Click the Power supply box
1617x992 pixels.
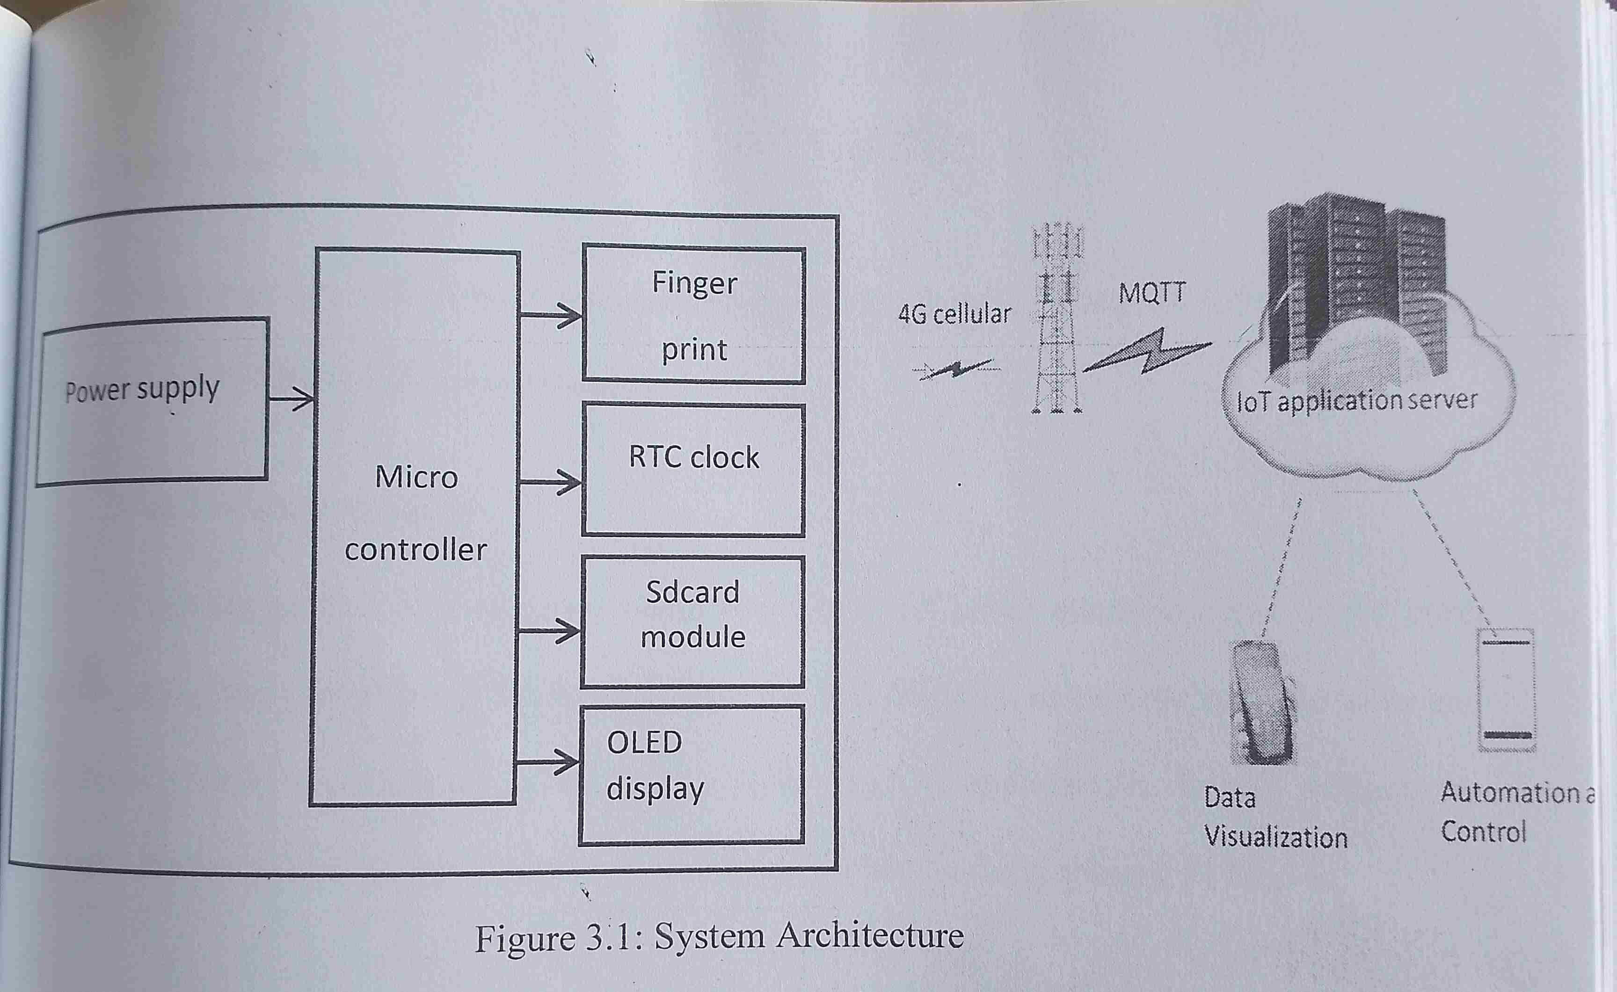click(152, 401)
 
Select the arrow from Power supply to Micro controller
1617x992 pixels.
click(291, 398)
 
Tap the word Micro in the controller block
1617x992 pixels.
click(416, 477)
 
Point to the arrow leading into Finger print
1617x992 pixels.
click(551, 315)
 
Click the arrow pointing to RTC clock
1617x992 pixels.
click(550, 483)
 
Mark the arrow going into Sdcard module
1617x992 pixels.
click(549, 631)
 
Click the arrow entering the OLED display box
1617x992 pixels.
click(547, 762)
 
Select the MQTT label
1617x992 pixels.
click(1152, 293)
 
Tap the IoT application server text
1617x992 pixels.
click(1356, 401)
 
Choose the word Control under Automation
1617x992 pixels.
click(1483, 832)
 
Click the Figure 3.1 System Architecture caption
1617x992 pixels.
click(719, 937)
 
